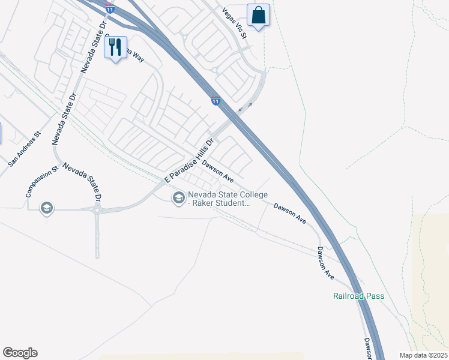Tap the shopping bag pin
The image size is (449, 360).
tap(258, 14)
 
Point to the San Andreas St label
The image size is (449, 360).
tap(23, 149)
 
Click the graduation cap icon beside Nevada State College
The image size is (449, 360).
tap(178, 197)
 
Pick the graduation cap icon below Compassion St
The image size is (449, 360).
tap(46, 208)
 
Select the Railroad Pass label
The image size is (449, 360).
tap(358, 296)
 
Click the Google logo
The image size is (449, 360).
tap(20, 353)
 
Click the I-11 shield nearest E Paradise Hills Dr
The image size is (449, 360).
tap(215, 101)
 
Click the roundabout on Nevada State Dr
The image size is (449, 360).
tap(97, 210)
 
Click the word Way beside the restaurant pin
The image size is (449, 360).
tap(139, 57)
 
